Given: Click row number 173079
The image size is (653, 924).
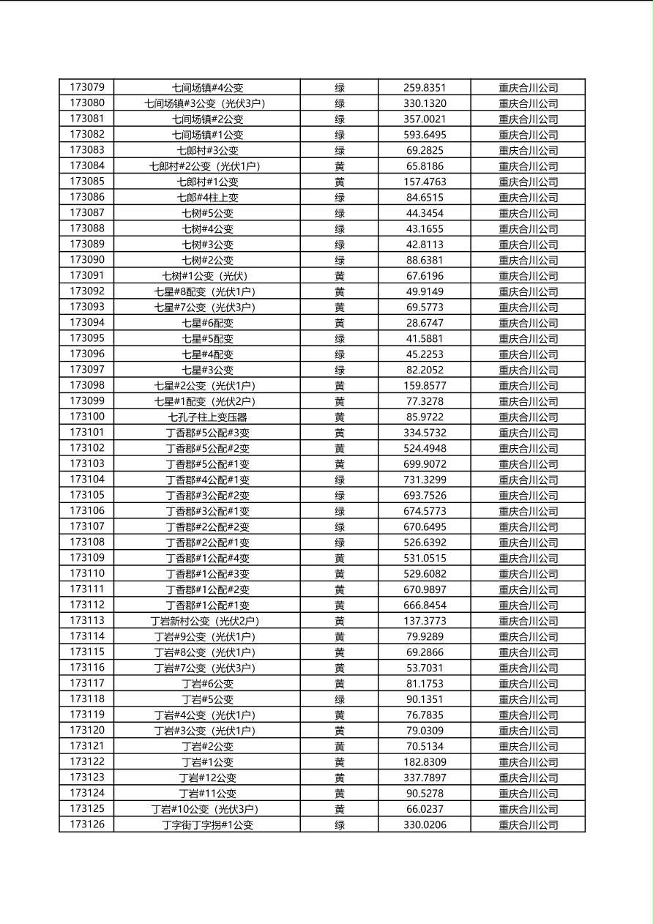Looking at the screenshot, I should coord(87,88).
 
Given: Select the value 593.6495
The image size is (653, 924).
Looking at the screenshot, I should coord(425,135).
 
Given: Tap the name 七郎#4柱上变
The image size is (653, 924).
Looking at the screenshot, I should coord(208,198).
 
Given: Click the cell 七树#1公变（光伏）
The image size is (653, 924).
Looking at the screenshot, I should coord(208,276).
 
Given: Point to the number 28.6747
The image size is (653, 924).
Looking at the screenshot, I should coord(425,323).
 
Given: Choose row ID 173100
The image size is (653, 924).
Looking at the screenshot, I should coord(87,417).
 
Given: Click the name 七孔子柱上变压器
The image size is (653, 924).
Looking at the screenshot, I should coord(208,417).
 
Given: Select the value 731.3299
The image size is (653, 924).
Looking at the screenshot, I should coord(425,480).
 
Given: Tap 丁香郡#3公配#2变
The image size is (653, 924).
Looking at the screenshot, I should coord(208,496).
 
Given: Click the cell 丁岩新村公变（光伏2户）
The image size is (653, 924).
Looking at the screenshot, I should coord(208,621).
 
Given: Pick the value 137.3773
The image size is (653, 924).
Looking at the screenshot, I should coord(425,621).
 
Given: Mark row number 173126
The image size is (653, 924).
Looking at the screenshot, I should coord(87,824).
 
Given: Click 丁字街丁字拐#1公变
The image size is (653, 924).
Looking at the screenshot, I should coord(208,825).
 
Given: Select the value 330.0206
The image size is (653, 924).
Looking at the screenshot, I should coord(425,825).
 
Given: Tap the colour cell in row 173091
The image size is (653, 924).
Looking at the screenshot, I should coord(340,276).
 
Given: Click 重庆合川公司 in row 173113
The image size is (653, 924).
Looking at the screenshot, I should coord(529,621).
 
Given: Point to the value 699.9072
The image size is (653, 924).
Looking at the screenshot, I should coord(425,464).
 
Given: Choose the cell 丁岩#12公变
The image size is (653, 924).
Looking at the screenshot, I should coord(208,778).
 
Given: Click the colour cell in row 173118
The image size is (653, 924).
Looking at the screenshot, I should coord(340,699).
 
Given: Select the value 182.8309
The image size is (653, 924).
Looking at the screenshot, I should coord(425,762).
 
